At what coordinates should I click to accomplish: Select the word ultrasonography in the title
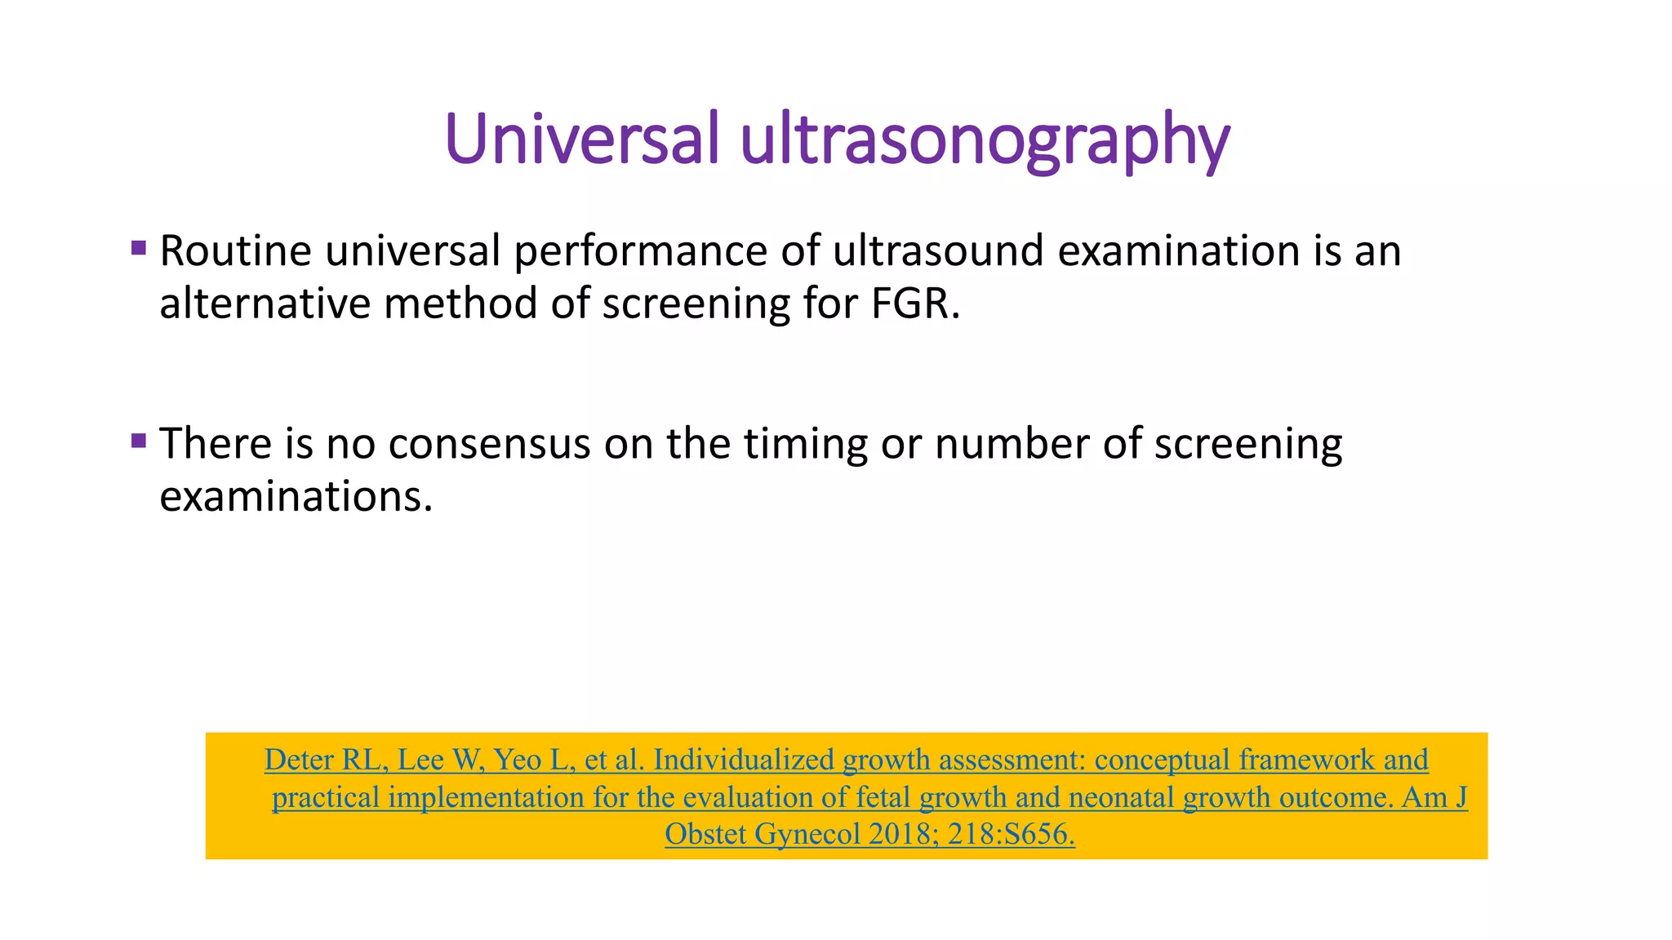pyautogui.click(x=985, y=140)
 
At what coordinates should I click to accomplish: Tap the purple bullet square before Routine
pyautogui.click(x=138, y=247)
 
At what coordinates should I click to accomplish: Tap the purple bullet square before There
pyautogui.click(x=138, y=441)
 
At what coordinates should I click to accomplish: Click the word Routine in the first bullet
pyautogui.click(x=235, y=251)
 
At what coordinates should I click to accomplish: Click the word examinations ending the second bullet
pyautogui.click(x=295, y=497)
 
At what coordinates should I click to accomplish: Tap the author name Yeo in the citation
pyautogui.click(x=518, y=760)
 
